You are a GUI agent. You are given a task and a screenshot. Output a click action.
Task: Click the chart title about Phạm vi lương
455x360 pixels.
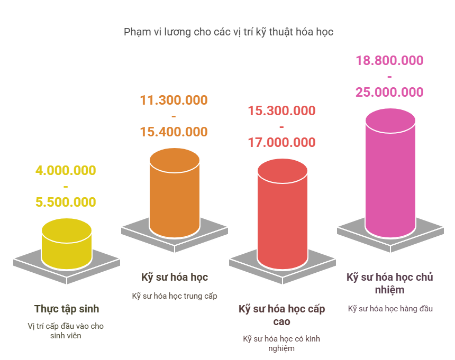click(229, 32)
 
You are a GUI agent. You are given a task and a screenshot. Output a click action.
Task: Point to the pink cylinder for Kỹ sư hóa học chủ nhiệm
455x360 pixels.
click(390, 174)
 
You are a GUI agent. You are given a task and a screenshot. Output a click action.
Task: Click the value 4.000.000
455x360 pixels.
click(66, 171)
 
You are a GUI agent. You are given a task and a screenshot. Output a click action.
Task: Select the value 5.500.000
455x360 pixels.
click(66, 202)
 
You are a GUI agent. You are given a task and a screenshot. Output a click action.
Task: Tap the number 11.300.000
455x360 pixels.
click(174, 100)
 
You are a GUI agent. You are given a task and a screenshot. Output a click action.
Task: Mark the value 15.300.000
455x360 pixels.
click(281, 111)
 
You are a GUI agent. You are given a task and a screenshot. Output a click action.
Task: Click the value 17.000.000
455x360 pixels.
click(281, 143)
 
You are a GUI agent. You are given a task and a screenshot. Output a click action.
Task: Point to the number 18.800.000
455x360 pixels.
click(389, 61)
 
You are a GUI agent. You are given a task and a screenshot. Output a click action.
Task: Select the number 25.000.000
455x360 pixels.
click(389, 93)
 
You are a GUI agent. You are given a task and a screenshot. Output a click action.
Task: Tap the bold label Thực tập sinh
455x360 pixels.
click(67, 309)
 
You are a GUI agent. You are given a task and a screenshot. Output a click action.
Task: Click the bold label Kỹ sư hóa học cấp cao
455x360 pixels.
click(281, 315)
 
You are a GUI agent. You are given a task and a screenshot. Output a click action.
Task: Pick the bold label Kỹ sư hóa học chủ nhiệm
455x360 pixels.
click(390, 283)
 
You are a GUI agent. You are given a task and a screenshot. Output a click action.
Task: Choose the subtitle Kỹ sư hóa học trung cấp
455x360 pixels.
click(175, 296)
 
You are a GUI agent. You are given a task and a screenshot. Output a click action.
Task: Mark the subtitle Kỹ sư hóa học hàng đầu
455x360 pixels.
click(390, 309)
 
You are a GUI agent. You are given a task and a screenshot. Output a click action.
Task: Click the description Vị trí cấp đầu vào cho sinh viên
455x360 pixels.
click(66, 330)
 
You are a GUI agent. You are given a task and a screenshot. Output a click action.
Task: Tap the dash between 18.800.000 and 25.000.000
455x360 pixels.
click(389, 77)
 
